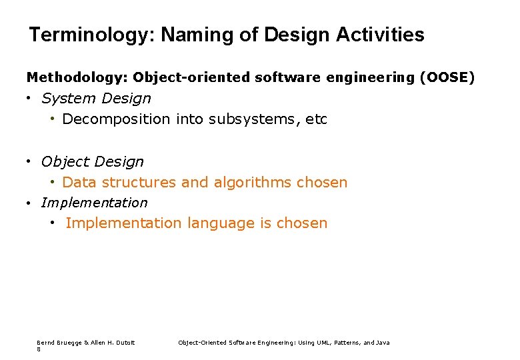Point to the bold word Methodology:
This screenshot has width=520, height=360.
click(77, 78)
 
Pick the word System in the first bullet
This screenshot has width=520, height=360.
click(65, 99)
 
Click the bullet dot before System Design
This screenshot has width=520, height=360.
click(30, 99)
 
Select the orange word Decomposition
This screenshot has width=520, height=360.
click(116, 119)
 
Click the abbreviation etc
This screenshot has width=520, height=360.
click(317, 119)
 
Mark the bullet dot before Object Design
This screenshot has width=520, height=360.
click(30, 161)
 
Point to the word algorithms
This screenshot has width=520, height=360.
click(251, 183)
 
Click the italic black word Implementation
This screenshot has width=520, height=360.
click(94, 203)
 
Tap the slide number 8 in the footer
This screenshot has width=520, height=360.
click(39, 349)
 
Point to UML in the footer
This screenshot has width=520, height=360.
click(331, 343)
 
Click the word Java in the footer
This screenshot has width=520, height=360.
click(383, 343)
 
